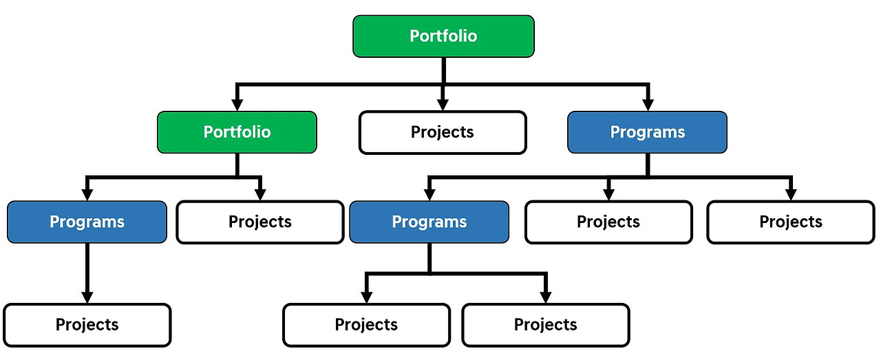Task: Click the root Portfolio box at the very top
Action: point(443,36)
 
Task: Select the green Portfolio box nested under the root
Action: point(237,132)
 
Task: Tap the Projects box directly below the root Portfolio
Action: point(443,132)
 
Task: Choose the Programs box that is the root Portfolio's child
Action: point(647,132)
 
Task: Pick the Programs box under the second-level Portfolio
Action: point(87,222)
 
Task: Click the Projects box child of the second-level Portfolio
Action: point(259,222)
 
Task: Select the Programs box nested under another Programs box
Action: point(429,222)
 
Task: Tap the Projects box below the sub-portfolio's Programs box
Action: point(87,325)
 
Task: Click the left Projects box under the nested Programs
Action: point(366,325)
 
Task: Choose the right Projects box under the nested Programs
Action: point(545,325)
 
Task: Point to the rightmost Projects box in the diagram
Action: point(790,222)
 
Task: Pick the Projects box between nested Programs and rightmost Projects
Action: point(608,222)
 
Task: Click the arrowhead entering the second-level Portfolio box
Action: point(237,105)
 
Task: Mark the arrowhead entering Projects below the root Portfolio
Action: point(443,105)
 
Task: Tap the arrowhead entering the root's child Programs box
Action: point(647,105)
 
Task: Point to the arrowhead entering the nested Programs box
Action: point(429,195)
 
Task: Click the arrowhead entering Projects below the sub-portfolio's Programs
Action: point(87,297)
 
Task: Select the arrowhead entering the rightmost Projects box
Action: point(790,195)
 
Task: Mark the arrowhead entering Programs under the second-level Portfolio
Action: point(87,195)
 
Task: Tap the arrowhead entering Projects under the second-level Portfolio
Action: point(259,195)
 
